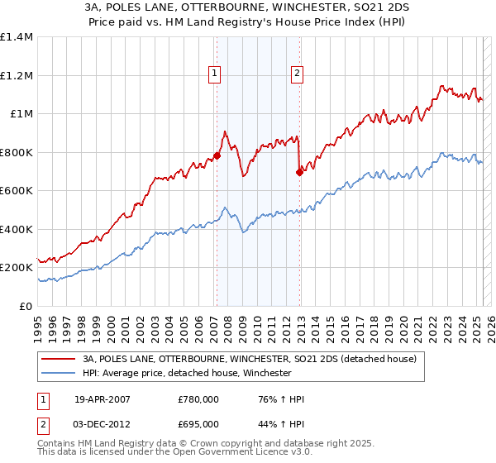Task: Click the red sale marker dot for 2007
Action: point(217,155)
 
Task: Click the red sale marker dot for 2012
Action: point(299,172)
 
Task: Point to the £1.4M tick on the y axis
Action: point(17,37)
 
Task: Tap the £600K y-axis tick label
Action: point(17,191)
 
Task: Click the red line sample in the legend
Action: point(57,359)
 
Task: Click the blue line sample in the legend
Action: point(57,374)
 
